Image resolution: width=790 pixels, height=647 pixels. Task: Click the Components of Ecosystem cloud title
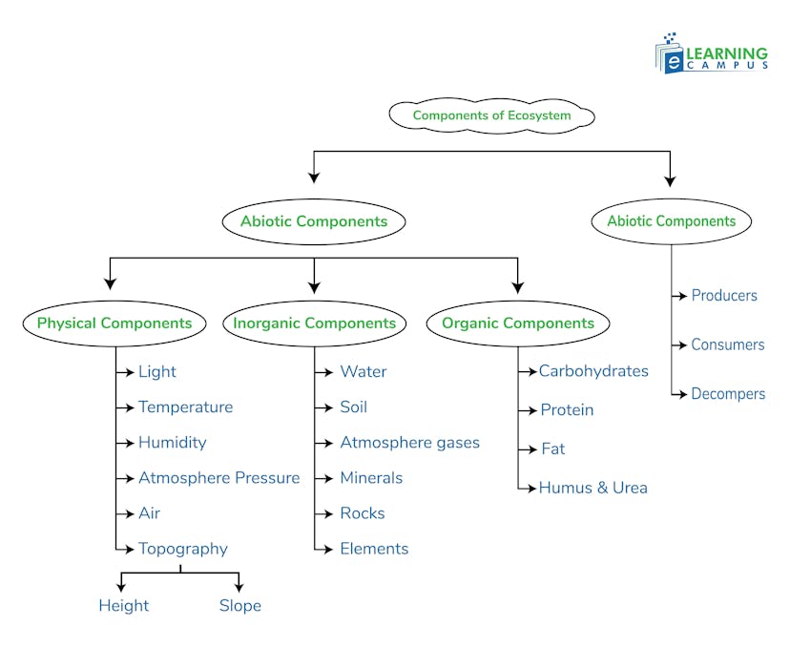491,115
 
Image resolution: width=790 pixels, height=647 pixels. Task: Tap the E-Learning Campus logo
711,53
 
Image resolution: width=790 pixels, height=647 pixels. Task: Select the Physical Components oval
114,323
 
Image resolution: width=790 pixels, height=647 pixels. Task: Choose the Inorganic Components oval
315,323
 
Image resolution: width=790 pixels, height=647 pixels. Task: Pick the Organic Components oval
517,323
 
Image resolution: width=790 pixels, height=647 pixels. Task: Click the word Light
157,372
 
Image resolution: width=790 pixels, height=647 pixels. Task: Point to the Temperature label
185,407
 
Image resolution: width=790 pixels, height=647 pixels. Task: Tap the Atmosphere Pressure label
218,478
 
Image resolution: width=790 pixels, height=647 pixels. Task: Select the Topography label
183,549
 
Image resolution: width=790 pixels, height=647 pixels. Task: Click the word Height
124,606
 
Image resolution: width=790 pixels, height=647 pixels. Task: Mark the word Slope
239,606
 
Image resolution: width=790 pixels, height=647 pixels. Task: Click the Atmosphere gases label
409,443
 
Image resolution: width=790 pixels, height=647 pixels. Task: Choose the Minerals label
371,478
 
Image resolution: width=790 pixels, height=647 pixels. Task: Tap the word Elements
374,549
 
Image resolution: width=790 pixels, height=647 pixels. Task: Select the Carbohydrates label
593,371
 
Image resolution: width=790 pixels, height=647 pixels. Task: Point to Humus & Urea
592,488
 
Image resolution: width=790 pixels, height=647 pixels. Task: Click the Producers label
724,296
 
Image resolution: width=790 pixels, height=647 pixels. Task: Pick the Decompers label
728,394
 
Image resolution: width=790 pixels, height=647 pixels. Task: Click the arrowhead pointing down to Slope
239,587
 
